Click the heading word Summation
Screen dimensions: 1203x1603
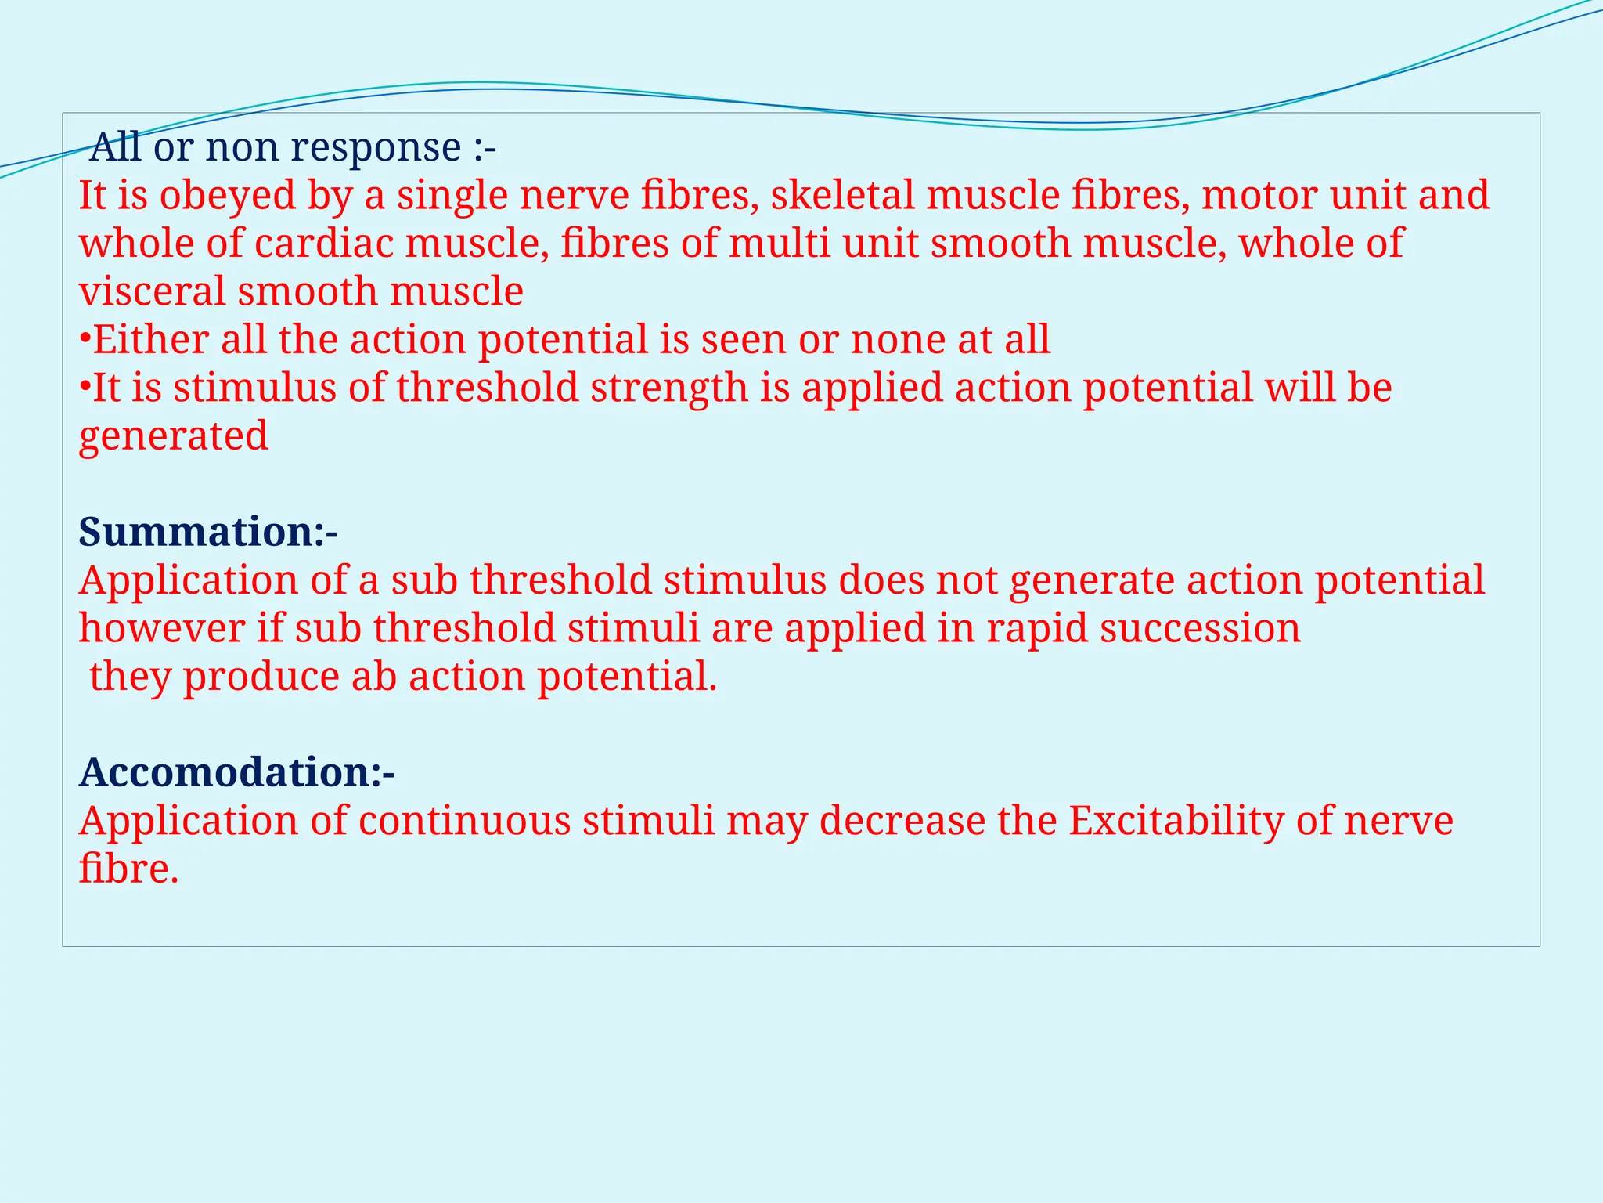click(x=196, y=532)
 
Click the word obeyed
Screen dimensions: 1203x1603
click(x=227, y=195)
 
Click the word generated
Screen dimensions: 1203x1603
click(x=173, y=437)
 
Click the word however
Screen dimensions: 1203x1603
click(x=162, y=628)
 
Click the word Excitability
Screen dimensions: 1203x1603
click(x=1176, y=821)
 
